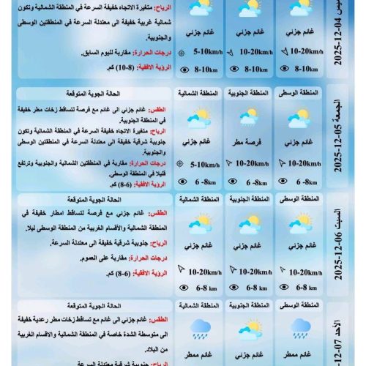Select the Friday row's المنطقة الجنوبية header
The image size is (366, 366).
point(248,94)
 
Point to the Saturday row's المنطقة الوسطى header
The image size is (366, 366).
point(299,199)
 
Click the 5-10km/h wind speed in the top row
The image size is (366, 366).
point(202,53)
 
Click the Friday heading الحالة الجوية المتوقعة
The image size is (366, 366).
point(128,94)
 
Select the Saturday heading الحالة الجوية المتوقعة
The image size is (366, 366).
point(128,198)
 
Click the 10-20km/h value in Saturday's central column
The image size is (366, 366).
point(304,272)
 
